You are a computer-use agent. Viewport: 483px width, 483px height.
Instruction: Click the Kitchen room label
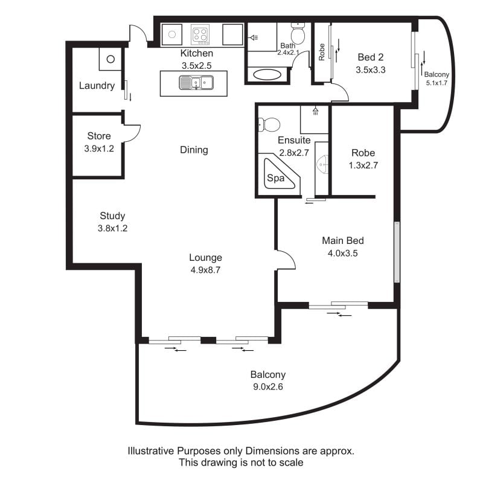click(x=197, y=53)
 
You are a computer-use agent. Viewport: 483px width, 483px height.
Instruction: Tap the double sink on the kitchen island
click(x=196, y=83)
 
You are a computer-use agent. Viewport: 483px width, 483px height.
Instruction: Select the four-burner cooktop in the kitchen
click(x=200, y=34)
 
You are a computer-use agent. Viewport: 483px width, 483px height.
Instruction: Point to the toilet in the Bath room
click(x=298, y=33)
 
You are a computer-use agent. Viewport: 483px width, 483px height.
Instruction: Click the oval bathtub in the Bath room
click(x=267, y=74)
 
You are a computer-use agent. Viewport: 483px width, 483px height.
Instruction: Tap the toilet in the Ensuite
click(x=269, y=125)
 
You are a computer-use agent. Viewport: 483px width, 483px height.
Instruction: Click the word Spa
click(x=275, y=178)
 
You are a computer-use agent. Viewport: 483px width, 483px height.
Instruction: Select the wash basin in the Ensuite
click(x=323, y=164)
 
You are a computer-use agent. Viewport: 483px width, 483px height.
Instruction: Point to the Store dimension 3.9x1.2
click(x=99, y=149)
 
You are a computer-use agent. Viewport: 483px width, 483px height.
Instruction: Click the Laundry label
click(x=97, y=86)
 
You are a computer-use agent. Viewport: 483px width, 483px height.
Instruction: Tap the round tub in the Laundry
click(x=110, y=59)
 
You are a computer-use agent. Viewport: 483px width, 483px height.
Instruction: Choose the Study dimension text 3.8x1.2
click(x=112, y=228)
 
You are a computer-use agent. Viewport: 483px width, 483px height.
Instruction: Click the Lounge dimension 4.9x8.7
click(x=205, y=270)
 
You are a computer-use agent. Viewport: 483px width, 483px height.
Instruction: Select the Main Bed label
click(x=343, y=240)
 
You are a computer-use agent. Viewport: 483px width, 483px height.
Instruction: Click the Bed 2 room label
click(x=371, y=57)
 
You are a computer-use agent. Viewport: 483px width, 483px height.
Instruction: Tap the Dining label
click(x=194, y=150)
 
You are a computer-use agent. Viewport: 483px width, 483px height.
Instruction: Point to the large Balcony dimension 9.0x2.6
click(x=268, y=386)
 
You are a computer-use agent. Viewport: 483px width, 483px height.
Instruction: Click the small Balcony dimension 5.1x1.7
click(x=437, y=83)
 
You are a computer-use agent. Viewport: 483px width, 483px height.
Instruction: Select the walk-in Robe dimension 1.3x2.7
click(x=363, y=165)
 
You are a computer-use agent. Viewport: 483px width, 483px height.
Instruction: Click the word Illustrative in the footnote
click(x=151, y=451)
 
